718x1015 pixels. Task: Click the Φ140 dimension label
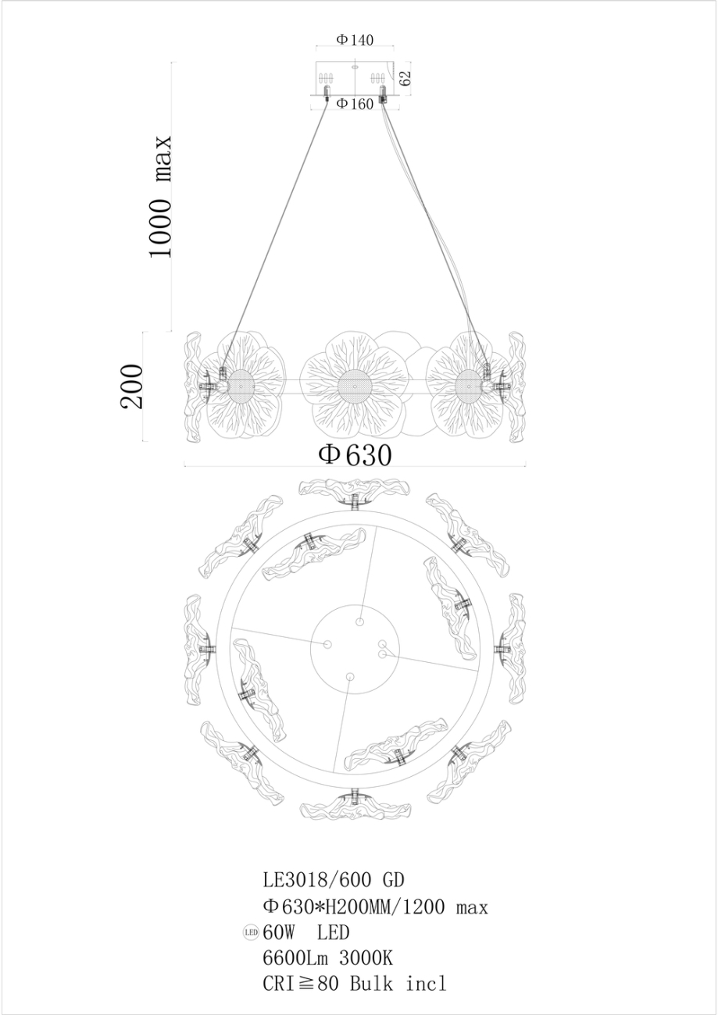[355, 40]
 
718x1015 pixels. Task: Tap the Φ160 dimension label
[355, 104]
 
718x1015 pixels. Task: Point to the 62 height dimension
[405, 77]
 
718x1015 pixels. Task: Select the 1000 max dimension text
[161, 196]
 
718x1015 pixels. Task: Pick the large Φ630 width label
[355, 455]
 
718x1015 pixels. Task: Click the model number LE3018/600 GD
[333, 881]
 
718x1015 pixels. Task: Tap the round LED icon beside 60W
[251, 933]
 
